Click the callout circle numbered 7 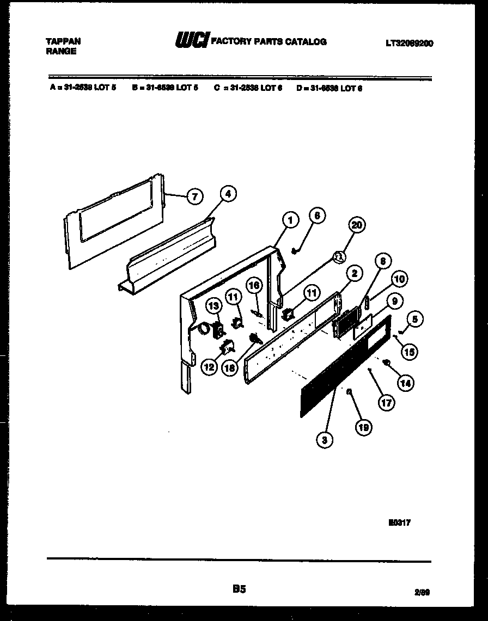click(194, 196)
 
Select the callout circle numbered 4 click(228, 193)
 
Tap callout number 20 click(357, 225)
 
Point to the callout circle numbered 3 click(325, 440)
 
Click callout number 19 click(363, 428)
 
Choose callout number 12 click(209, 367)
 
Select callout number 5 click(414, 319)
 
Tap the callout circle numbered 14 click(405, 383)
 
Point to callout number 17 click(386, 403)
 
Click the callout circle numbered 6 click(318, 216)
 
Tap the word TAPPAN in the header click(63, 41)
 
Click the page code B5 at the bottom click(239, 588)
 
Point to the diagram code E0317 click(400, 522)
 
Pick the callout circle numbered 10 click(399, 280)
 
